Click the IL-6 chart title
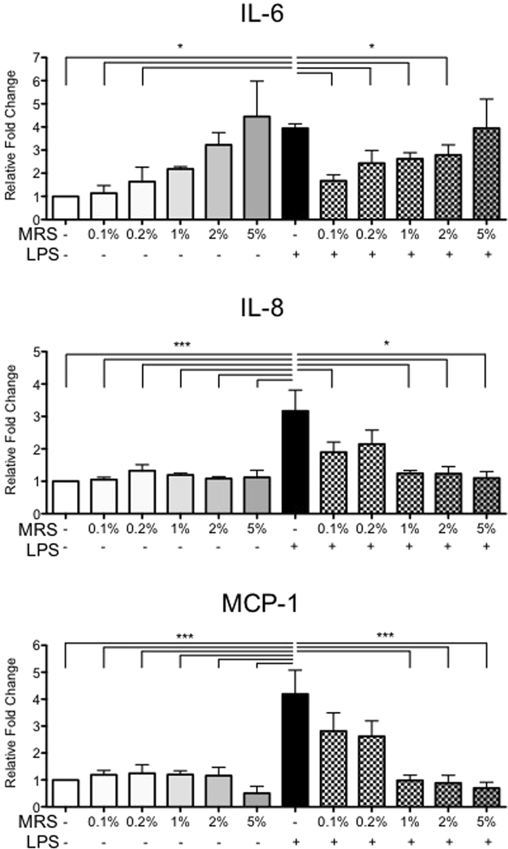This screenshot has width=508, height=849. click(x=262, y=14)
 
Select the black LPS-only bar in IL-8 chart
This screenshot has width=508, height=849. click(x=295, y=462)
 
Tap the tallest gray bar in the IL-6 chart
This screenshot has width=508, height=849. click(x=257, y=168)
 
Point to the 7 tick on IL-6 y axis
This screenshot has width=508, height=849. click(x=36, y=58)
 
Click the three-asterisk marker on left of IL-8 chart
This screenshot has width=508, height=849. click(x=182, y=344)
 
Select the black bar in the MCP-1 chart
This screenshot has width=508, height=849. click(x=295, y=750)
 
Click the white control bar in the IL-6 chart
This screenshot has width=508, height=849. click(x=66, y=208)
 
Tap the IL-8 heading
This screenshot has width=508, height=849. click(x=262, y=308)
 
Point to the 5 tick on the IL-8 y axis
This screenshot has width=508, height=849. click(x=36, y=352)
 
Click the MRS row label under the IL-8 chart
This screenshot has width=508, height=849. click(x=38, y=530)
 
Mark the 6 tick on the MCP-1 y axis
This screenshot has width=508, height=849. click(x=36, y=645)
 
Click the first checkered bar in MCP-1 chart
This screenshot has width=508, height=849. click(x=334, y=768)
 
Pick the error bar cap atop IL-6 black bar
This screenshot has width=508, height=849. click(x=295, y=124)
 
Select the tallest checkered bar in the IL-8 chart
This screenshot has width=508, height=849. click(x=371, y=479)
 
